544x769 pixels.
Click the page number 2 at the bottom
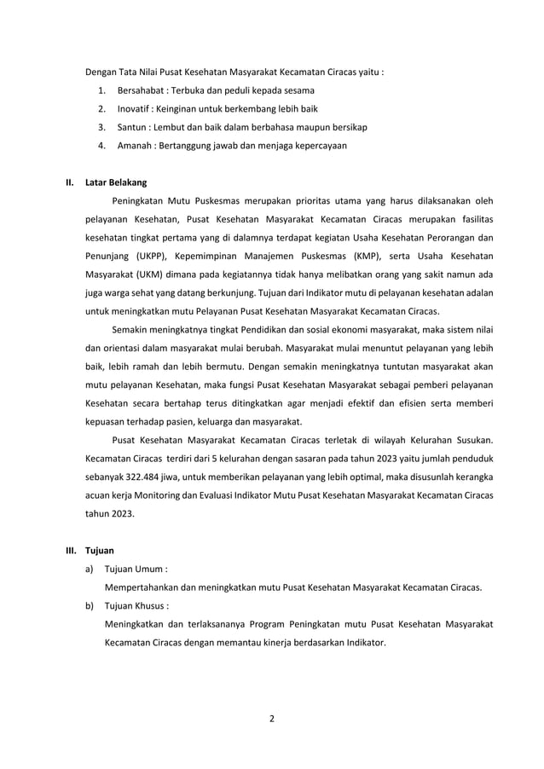272,718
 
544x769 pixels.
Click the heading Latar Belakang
116,182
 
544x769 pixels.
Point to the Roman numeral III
72,551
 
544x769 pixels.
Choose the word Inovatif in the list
135,108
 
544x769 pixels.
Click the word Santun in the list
133,127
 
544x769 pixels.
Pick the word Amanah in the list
136,146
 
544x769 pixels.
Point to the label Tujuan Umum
135,570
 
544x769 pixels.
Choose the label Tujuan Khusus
136,606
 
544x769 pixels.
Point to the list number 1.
101,90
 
